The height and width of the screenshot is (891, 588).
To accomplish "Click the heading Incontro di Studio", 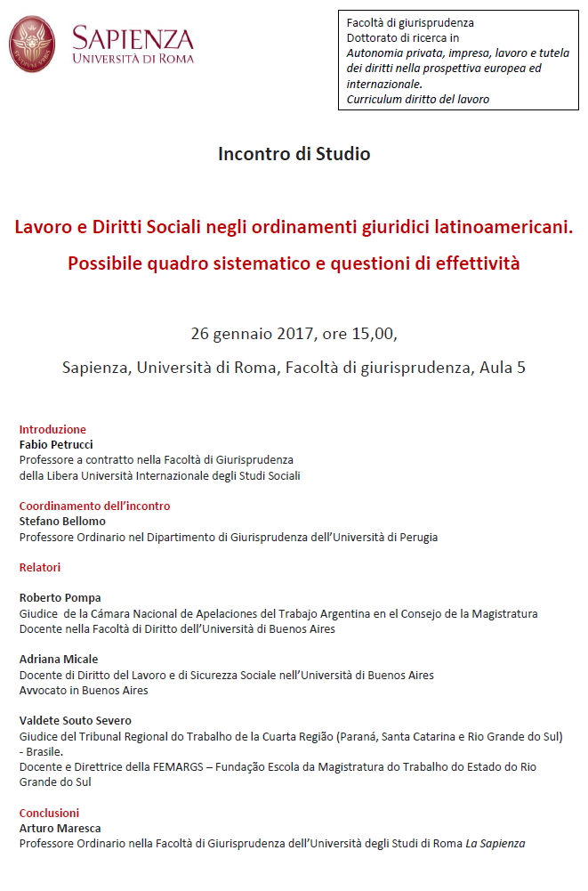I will coord(294,154).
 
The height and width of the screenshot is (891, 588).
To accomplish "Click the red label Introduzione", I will coord(52,429).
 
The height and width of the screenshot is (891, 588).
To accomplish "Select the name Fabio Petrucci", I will coord(56,444).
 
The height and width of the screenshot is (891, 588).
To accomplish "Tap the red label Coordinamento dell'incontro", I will coord(94,506).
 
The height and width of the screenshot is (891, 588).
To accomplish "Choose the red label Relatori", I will coord(40,567).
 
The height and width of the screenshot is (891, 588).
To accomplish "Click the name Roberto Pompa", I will coord(60,598).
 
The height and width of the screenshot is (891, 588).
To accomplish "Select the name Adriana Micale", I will coord(59,660).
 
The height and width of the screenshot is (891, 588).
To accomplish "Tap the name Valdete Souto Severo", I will coord(76,721).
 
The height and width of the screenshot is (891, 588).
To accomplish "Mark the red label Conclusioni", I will coord(49,813).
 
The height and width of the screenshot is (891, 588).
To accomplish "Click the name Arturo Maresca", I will coord(60,828).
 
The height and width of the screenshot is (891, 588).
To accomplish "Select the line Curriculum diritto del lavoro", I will coord(418,100).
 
